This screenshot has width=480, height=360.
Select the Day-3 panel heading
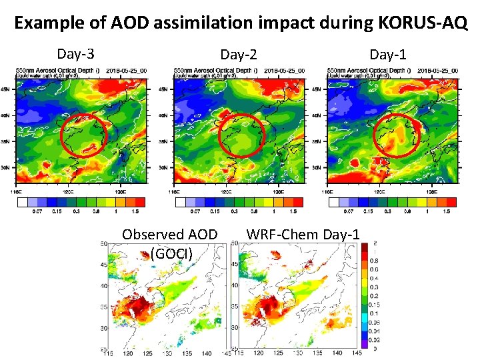(x=75, y=53)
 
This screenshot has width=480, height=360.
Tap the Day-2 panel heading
(x=239, y=54)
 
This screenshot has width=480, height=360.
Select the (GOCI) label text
(x=171, y=253)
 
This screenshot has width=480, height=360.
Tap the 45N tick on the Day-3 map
(x=5, y=89)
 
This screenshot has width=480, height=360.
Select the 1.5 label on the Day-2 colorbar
(x=292, y=211)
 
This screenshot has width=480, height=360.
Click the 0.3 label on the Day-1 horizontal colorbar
(x=388, y=211)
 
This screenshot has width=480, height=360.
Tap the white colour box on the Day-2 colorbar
(x=180, y=201)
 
